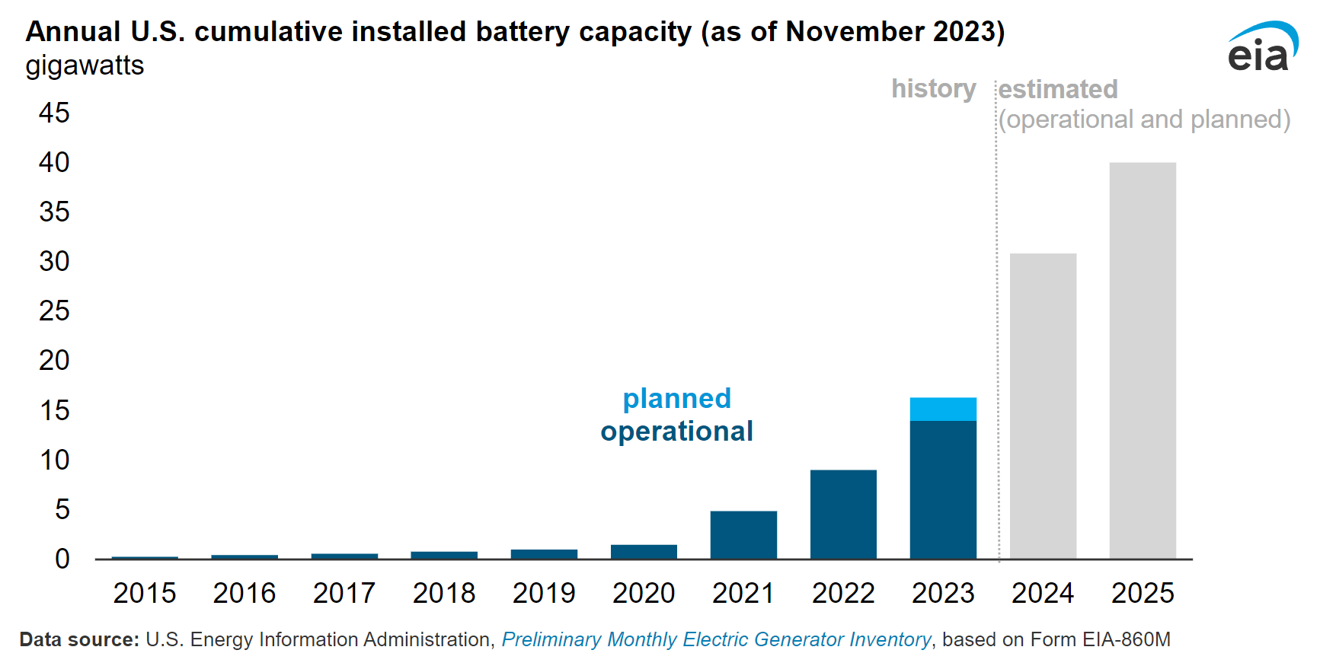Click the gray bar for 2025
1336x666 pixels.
pos(1143,361)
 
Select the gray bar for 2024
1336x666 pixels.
pos(1043,406)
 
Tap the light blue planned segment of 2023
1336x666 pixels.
pos(943,409)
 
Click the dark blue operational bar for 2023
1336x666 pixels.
pos(943,490)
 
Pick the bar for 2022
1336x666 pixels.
pos(843,515)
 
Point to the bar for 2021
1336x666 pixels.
pos(743,535)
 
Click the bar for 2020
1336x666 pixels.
pos(644,552)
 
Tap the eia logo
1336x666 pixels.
pos(1262,47)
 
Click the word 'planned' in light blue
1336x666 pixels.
pos(677,398)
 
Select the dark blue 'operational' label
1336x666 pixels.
pos(677,432)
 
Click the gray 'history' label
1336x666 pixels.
pos(934,89)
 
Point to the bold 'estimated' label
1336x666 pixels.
pos(1058,89)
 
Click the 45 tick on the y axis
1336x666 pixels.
pos(54,113)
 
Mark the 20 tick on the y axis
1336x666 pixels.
pos(54,360)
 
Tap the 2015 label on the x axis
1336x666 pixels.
pos(145,593)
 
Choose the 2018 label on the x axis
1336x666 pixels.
pos(444,593)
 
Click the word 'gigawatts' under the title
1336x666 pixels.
pos(85,65)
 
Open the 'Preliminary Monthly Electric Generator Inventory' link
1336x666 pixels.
pos(716,639)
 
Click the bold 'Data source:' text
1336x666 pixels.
pos(79,639)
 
